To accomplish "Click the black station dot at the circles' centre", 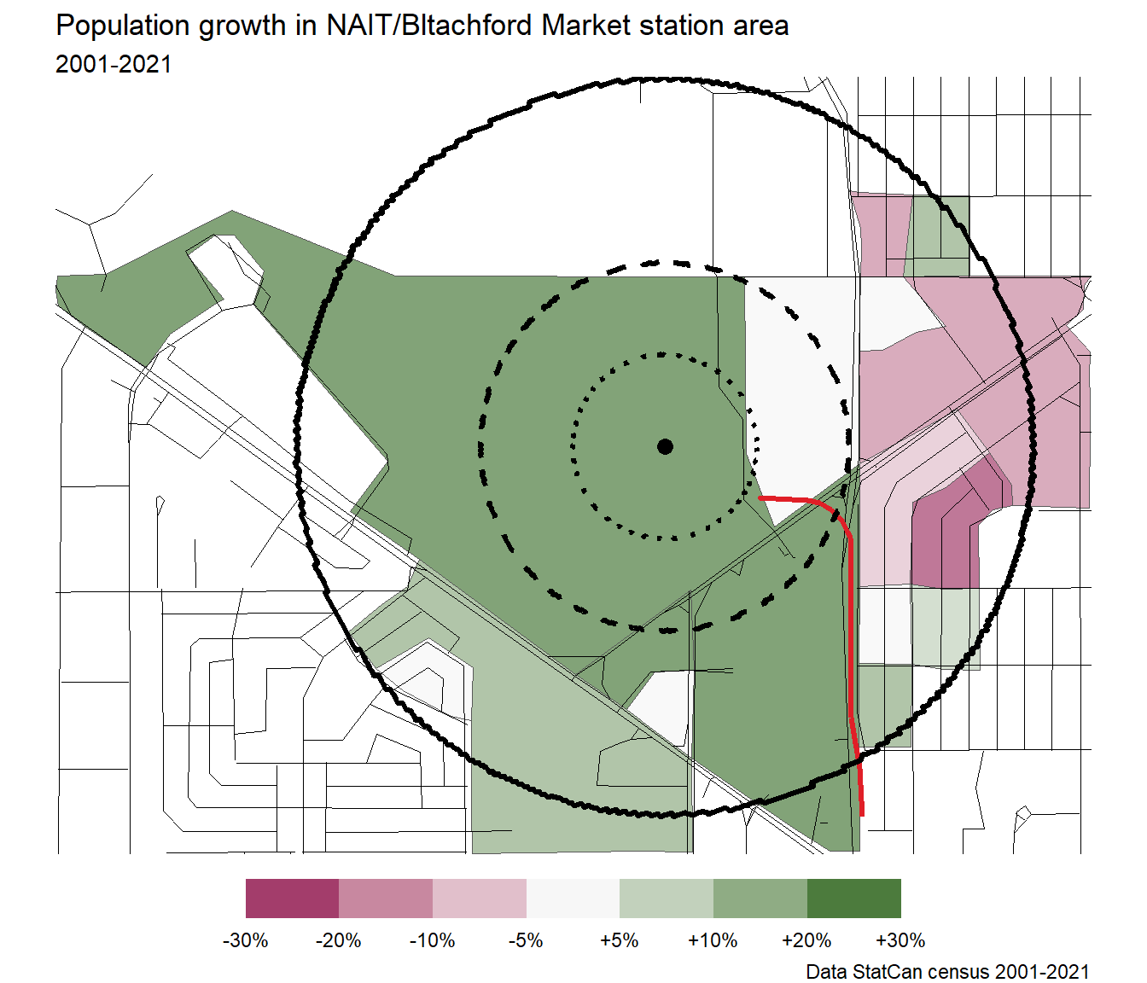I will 665,446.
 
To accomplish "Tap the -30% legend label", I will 246,940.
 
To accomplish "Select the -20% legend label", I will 339,940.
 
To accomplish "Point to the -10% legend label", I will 433,940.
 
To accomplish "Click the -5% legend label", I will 526,940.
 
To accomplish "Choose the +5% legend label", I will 620,940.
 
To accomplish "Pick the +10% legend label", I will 713,940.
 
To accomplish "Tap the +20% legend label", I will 806,940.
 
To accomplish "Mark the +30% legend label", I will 900,940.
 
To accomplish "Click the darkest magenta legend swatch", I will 292,899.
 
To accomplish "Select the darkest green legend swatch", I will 853,899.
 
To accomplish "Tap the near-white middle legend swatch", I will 573,899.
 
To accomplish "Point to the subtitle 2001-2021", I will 114,65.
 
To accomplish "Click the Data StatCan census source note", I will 947,971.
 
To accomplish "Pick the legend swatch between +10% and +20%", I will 760,899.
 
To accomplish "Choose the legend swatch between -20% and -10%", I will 386,899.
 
